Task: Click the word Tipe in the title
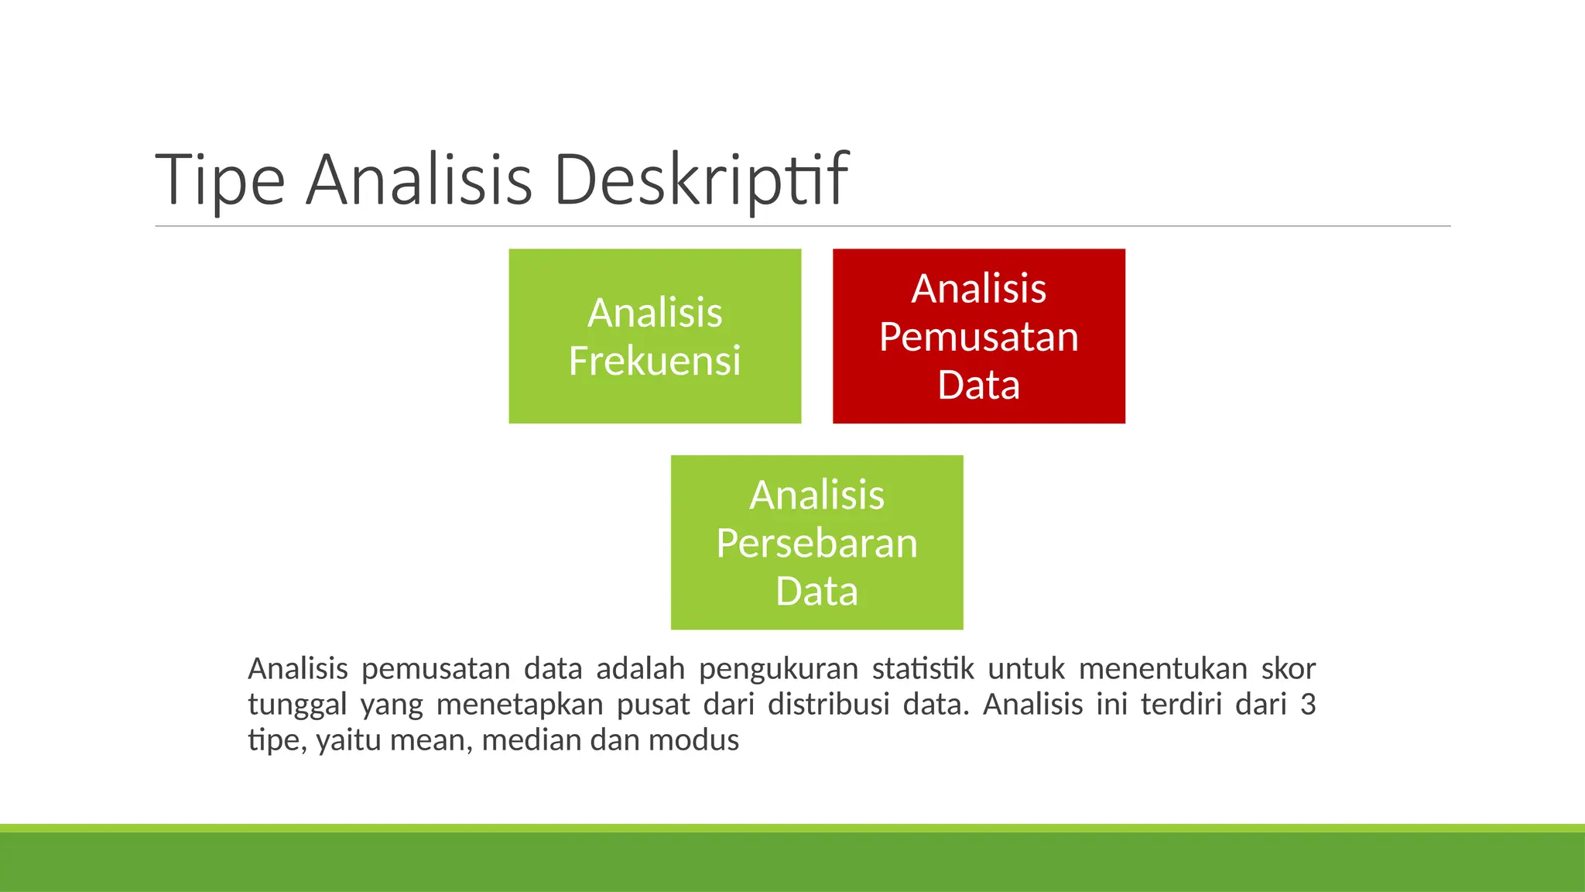coord(221,180)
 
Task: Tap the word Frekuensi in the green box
coord(655,361)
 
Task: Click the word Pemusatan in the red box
coord(978,337)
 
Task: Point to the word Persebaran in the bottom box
coord(816,543)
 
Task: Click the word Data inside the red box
coord(978,385)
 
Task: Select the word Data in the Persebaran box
coord(816,592)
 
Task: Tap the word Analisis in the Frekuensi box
coord(655,313)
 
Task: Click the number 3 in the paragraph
coord(1307,705)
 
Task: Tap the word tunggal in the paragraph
coord(297,705)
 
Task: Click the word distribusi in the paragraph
coord(828,705)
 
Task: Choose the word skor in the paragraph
coord(1288,668)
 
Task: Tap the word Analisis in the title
coord(419,180)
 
